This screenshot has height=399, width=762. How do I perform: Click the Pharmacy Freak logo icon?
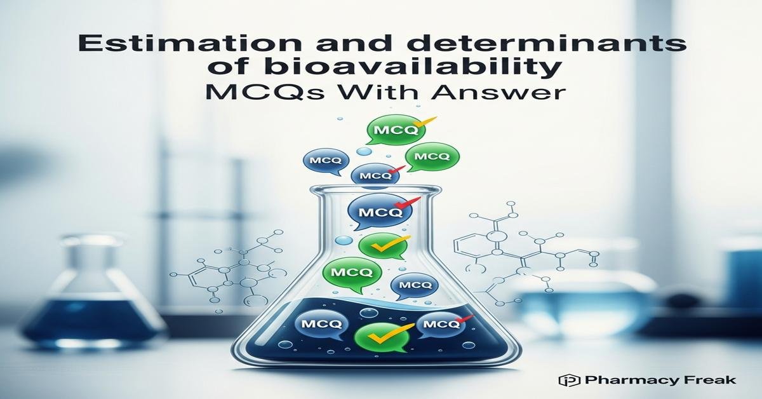click(566, 380)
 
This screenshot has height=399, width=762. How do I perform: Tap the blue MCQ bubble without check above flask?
click(324, 161)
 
